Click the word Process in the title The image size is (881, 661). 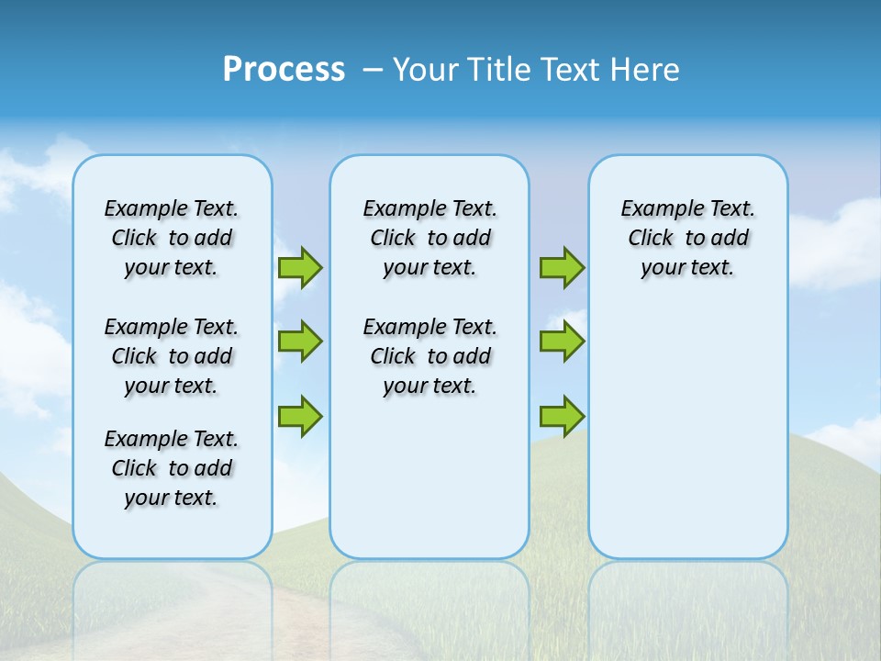pyautogui.click(x=284, y=69)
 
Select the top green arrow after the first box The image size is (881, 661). pyautogui.click(x=300, y=267)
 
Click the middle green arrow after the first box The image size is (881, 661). pyautogui.click(x=300, y=342)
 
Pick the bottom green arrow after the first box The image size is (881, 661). pyautogui.click(x=300, y=416)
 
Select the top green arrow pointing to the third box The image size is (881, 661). pyautogui.click(x=562, y=267)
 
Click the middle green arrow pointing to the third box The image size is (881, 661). pyautogui.click(x=562, y=342)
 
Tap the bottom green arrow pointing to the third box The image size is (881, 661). pyautogui.click(x=562, y=416)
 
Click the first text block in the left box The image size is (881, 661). pyautogui.click(x=172, y=238)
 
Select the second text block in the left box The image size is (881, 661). pyautogui.click(x=172, y=356)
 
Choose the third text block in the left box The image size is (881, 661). pyautogui.click(x=172, y=468)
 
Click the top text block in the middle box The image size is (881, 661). pyautogui.click(x=429, y=238)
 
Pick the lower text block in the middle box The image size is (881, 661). pyautogui.click(x=429, y=356)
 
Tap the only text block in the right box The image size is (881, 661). pyautogui.click(x=687, y=238)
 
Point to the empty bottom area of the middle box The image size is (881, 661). pyautogui.click(x=429, y=487)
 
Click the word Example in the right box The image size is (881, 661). pyautogui.click(x=652, y=209)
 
